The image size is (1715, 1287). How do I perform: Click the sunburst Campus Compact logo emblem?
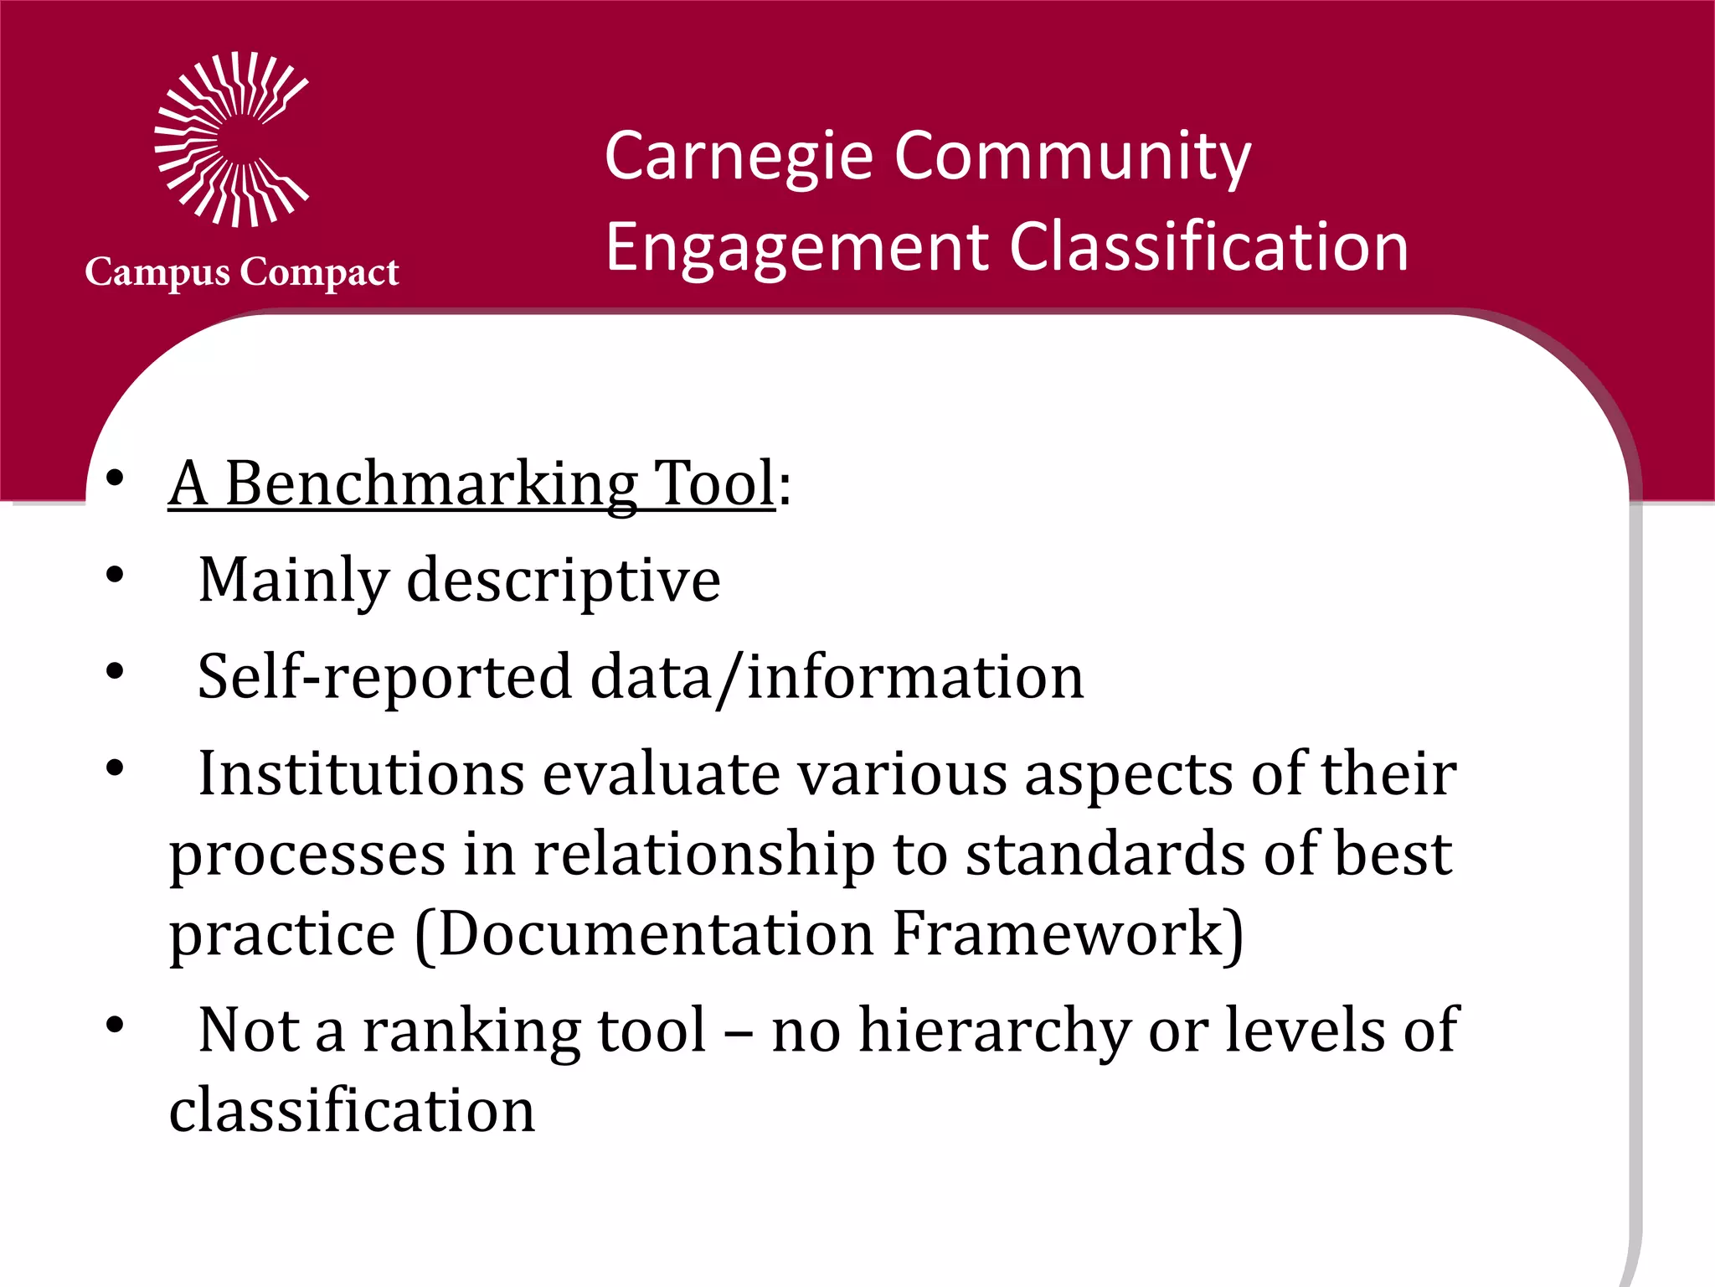pyautogui.click(x=232, y=139)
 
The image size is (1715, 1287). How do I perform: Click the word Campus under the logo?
pyautogui.click(x=157, y=273)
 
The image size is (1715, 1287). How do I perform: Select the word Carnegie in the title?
pyautogui.click(x=739, y=158)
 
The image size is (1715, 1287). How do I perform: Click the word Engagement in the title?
pyautogui.click(x=796, y=248)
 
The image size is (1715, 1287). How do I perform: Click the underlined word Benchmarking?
pyautogui.click(x=431, y=484)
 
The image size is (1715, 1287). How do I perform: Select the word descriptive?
pyautogui.click(x=563, y=581)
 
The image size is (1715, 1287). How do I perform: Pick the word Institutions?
pyautogui.click(x=361, y=773)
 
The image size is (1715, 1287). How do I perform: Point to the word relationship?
pyautogui.click(x=704, y=855)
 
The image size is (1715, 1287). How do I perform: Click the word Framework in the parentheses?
pyautogui.click(x=1066, y=933)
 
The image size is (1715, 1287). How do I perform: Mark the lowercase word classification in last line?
pyautogui.click(x=352, y=1111)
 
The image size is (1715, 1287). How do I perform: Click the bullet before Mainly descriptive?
pyautogui.click(x=116, y=575)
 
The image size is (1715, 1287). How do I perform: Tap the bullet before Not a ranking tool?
pyautogui.click(x=116, y=1025)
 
